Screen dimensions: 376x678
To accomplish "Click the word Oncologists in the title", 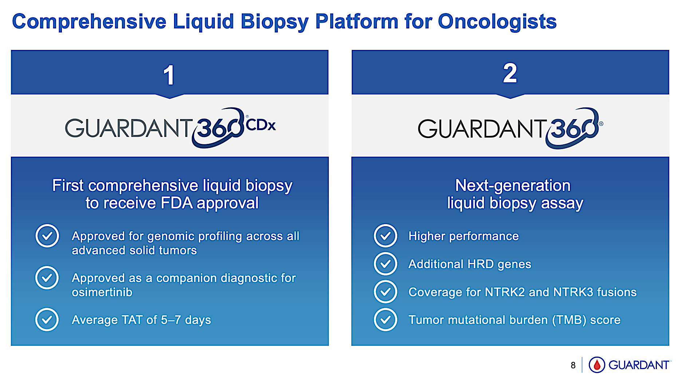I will click(x=497, y=21).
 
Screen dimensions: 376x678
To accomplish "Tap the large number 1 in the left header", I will click(x=169, y=75).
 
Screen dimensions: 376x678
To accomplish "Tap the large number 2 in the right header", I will click(x=510, y=73).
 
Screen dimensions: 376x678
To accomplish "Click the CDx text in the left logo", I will click(x=261, y=125).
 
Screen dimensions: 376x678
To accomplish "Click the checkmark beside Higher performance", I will click(x=385, y=236).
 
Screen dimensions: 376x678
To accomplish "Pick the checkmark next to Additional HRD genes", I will click(x=385, y=264).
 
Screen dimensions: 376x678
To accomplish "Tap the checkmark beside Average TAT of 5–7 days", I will click(x=47, y=320).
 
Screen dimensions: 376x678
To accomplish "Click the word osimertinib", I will click(x=102, y=292).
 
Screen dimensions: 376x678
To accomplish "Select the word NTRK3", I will click(x=573, y=292).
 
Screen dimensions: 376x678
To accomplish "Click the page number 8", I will click(x=573, y=365).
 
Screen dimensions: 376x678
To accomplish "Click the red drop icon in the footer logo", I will click(x=597, y=365).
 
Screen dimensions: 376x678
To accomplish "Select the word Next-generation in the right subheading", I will click(x=513, y=185).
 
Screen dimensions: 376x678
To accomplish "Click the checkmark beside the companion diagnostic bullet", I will click(x=47, y=278).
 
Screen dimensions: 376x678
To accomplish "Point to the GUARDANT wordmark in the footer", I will click(x=639, y=365).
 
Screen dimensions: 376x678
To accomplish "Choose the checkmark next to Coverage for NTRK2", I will click(x=385, y=292).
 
